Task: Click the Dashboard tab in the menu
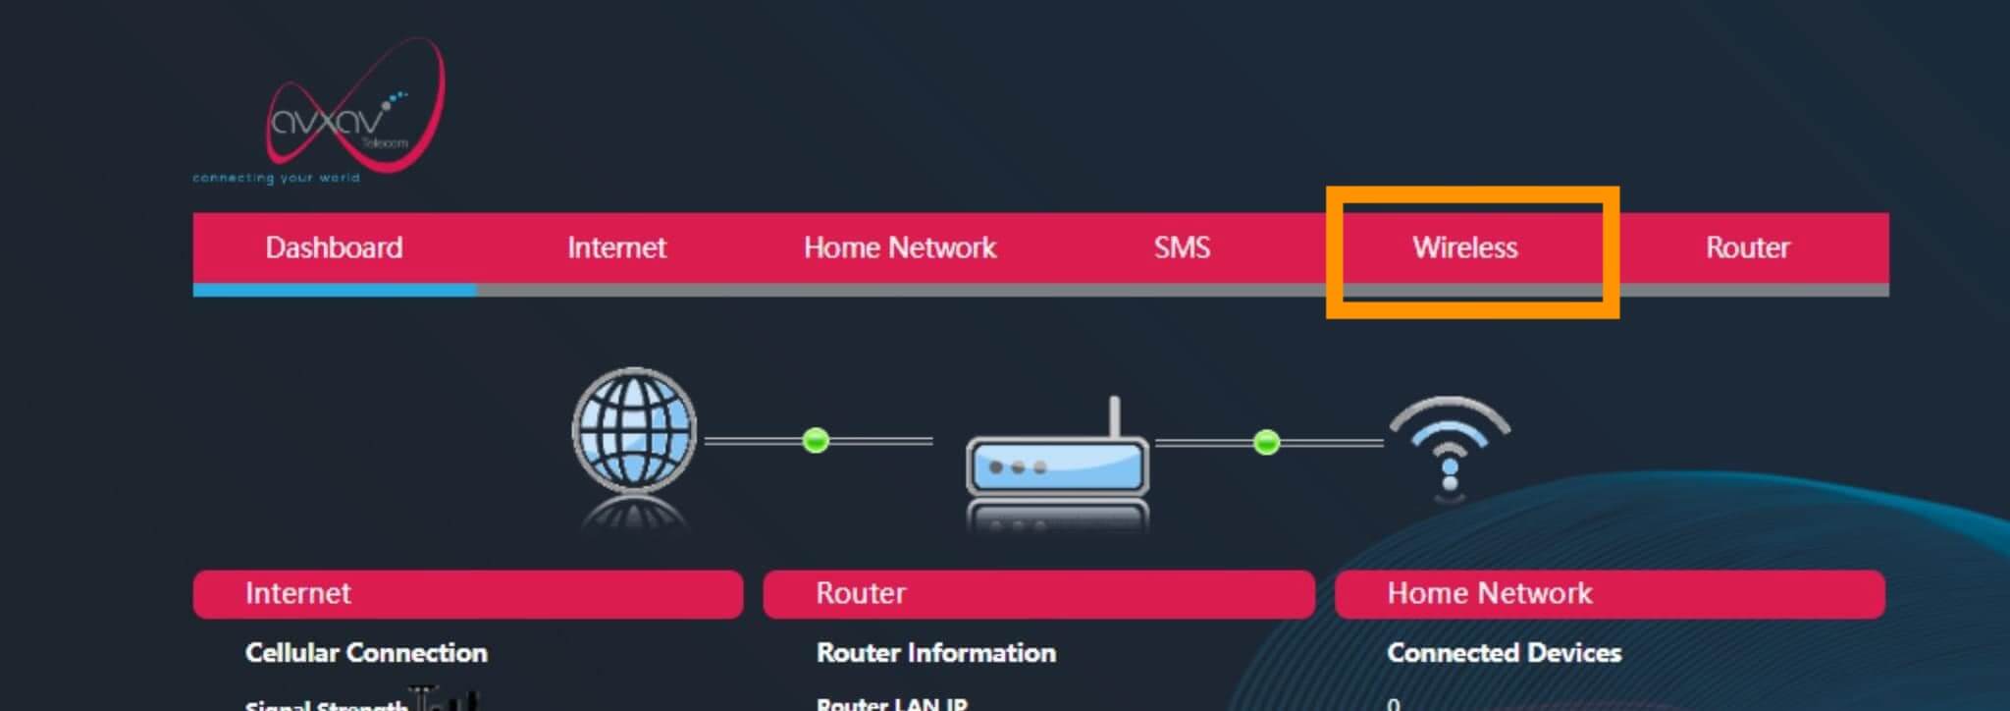334,247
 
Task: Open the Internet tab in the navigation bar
616,247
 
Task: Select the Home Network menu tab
899,247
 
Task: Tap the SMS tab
1182,247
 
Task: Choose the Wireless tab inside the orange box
1464,247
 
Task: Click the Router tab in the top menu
1747,247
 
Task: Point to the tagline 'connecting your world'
276,179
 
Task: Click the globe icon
634,430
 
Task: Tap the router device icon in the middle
1058,464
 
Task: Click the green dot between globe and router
816,441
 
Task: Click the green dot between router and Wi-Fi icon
1267,442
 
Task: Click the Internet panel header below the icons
467,594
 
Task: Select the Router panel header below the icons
1038,594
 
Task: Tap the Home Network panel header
1610,594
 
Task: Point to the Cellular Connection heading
366,653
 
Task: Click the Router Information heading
936,653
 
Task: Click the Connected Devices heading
1504,653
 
